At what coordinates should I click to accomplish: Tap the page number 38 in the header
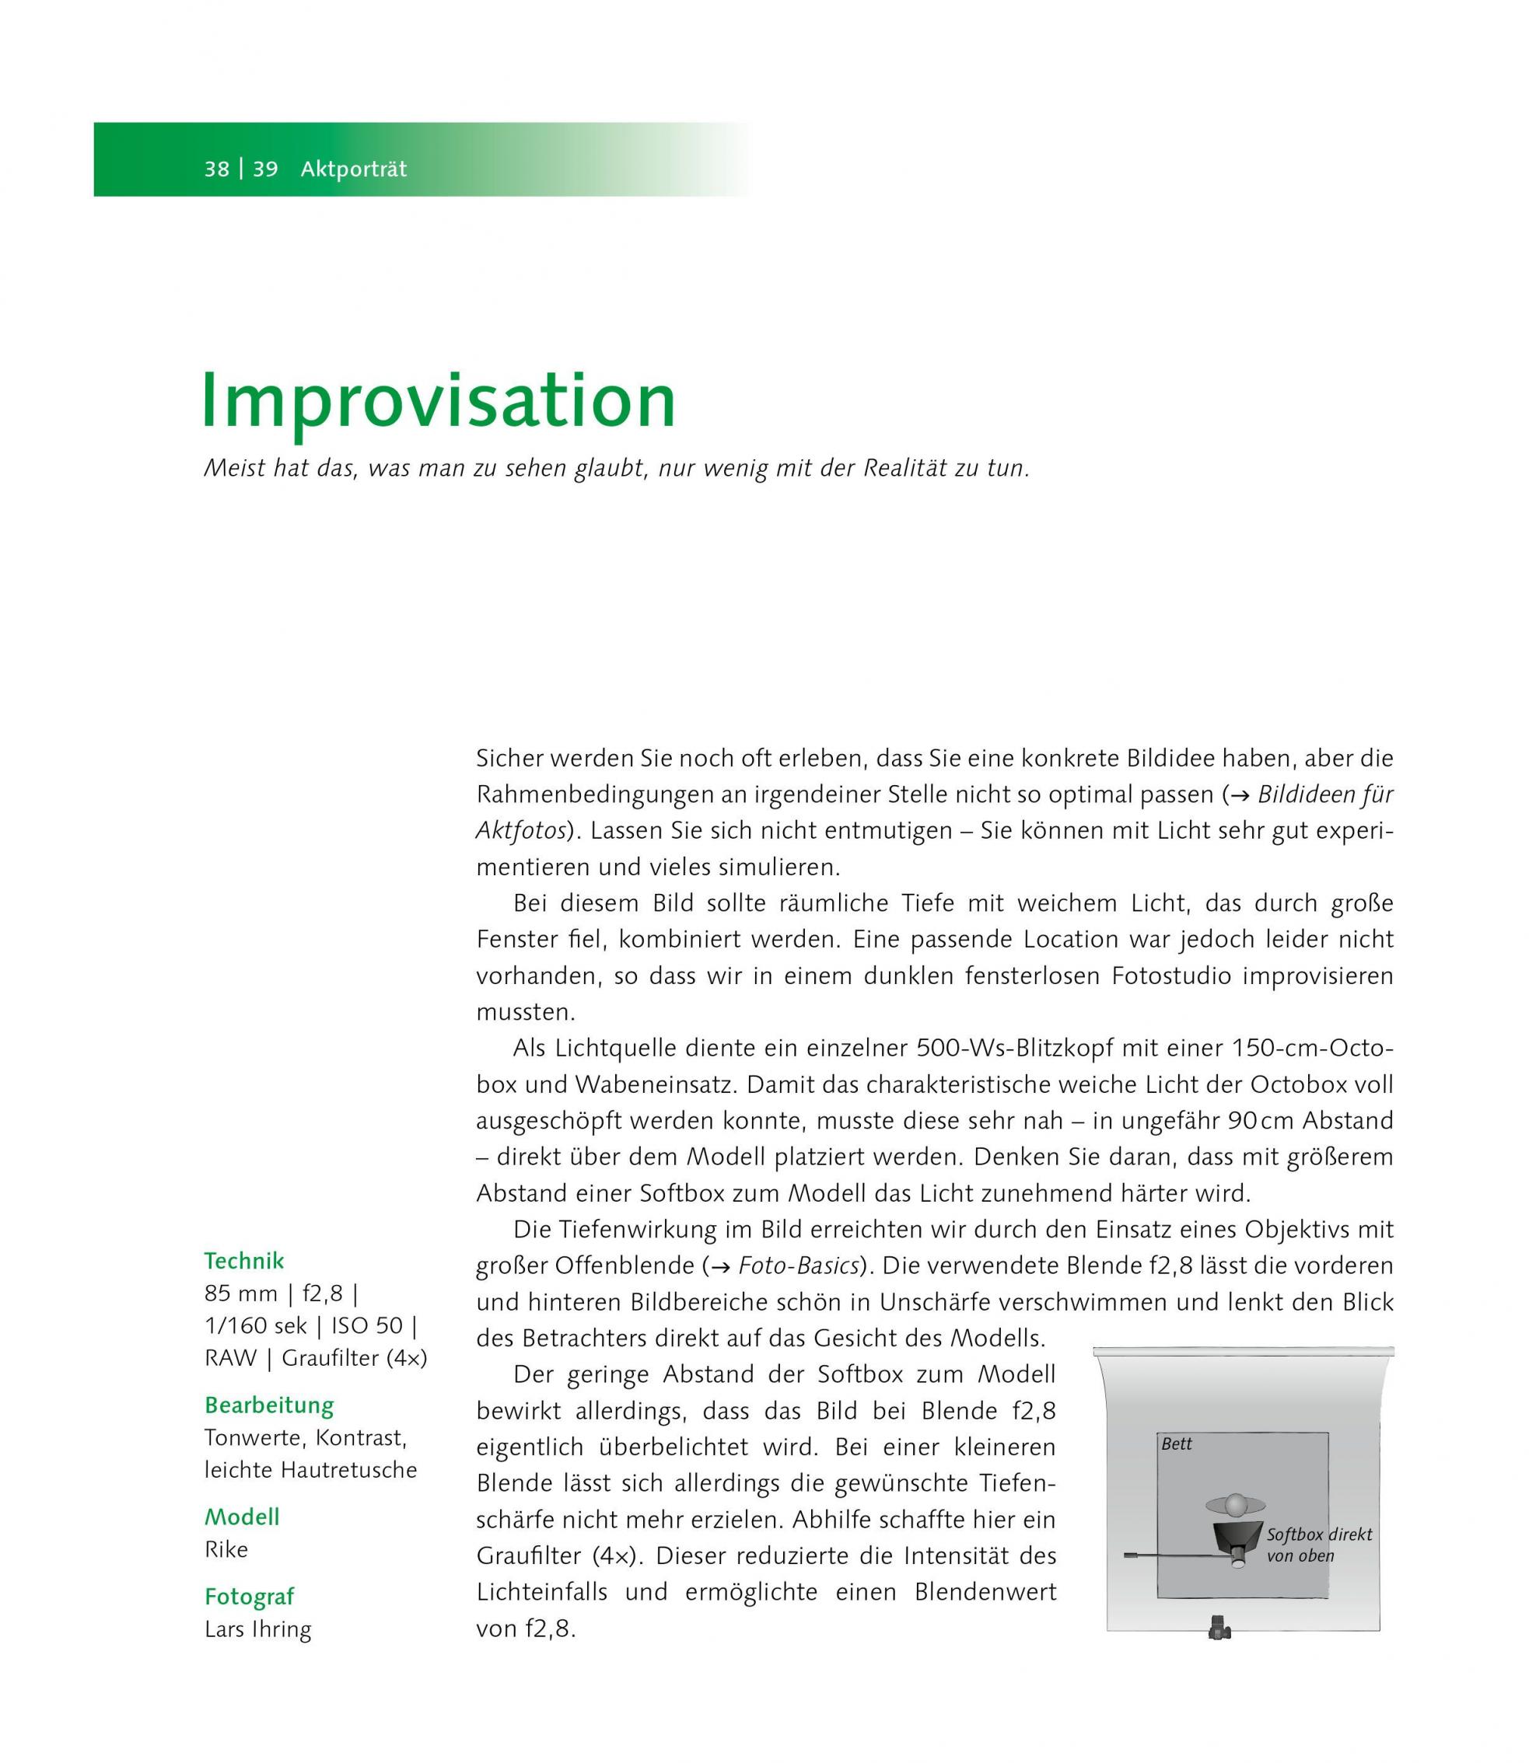217,169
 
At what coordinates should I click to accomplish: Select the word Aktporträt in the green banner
353,169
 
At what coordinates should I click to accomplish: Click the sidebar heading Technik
244,1260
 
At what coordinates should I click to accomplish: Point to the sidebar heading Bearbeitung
269,1405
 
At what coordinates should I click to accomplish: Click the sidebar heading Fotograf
249,1596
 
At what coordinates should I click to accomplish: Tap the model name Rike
226,1549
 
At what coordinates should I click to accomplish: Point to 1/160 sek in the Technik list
255,1325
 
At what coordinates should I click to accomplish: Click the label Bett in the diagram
1177,1444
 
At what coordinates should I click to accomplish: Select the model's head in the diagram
1235,1503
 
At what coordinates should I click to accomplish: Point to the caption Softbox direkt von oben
1317,1545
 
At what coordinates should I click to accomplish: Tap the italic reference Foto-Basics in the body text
797,1266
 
